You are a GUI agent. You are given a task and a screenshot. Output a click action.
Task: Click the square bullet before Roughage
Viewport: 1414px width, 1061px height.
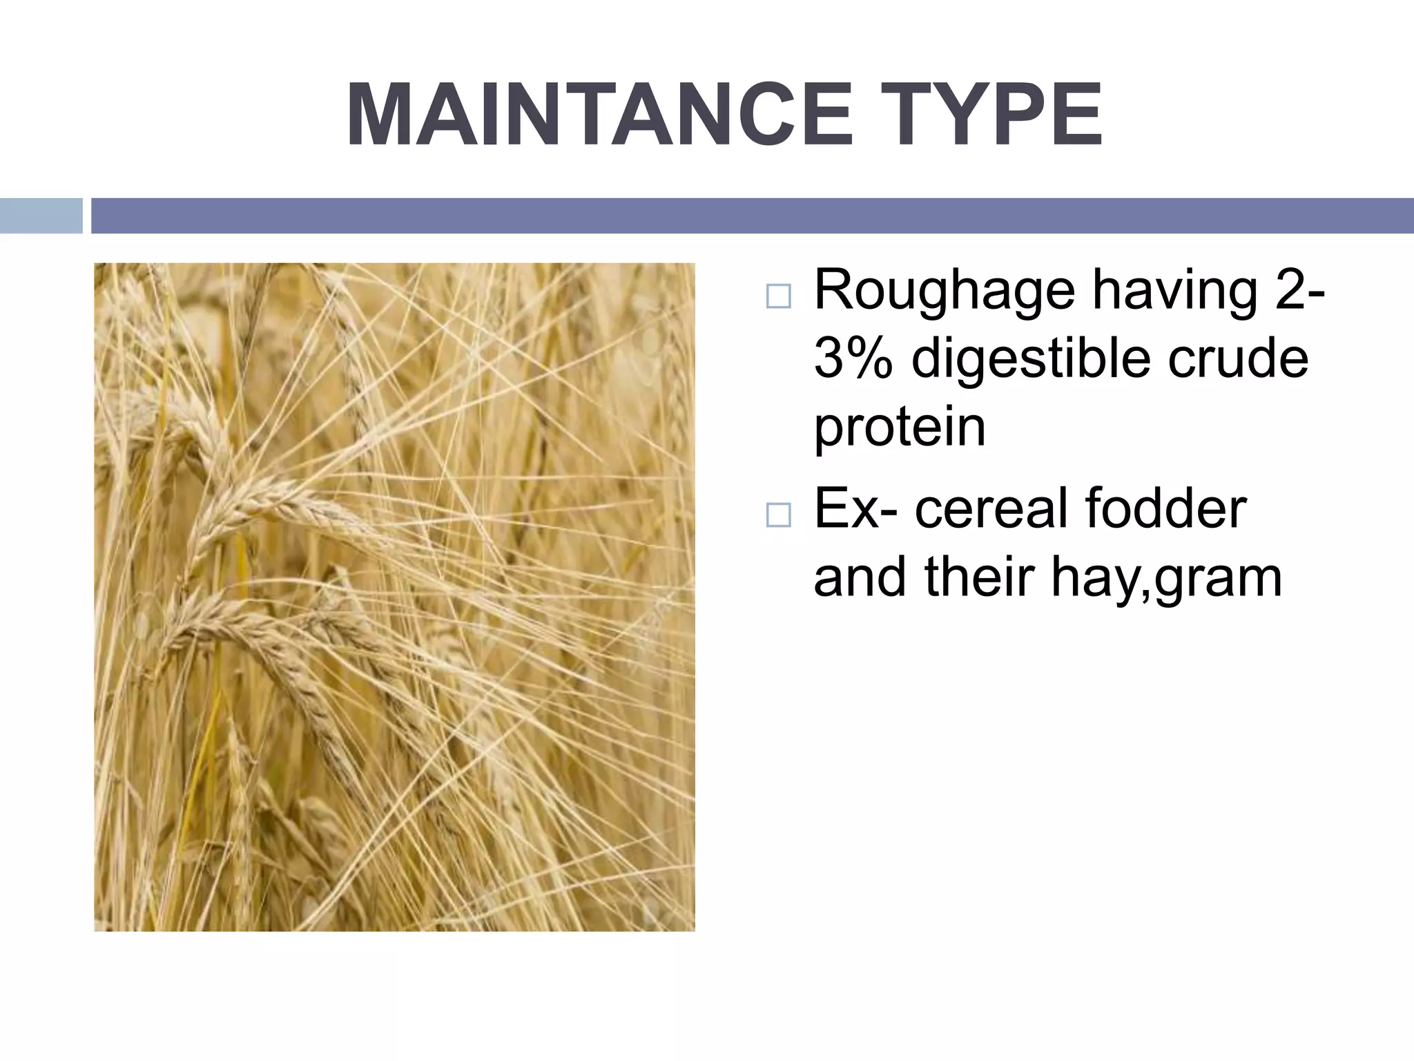pos(778,296)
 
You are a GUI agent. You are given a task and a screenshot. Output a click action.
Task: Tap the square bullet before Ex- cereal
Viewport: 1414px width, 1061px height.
pos(778,515)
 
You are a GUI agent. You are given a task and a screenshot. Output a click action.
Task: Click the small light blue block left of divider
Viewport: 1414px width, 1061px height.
pos(41,216)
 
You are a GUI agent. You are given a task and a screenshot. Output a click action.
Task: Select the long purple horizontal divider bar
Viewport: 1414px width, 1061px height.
pos(752,216)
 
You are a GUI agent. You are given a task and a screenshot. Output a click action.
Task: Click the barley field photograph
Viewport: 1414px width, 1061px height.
pos(394,597)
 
